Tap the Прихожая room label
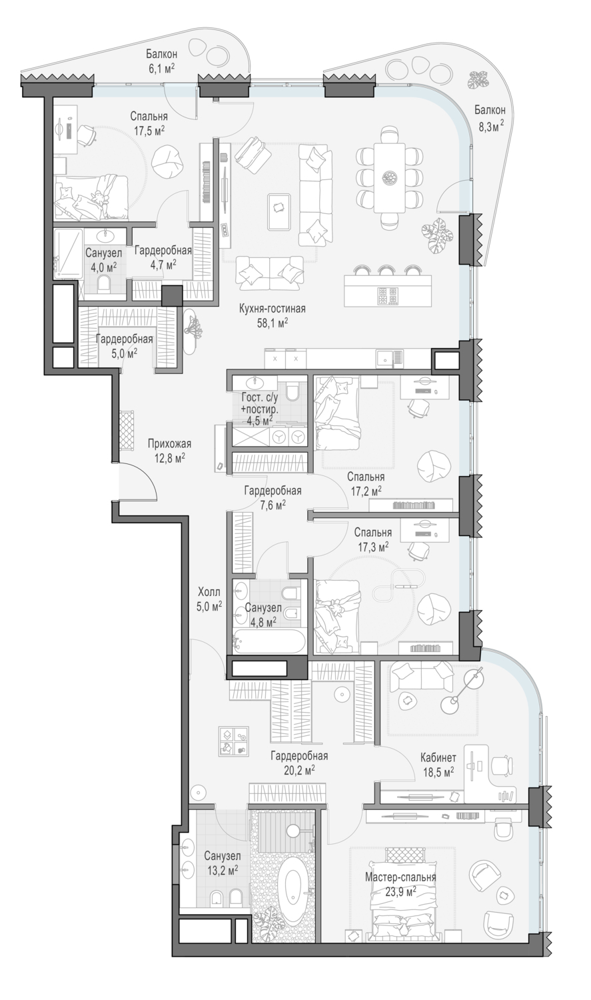click(169, 444)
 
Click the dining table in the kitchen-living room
click(389, 177)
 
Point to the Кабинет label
click(438, 757)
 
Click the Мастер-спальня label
click(400, 878)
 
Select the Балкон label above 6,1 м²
click(162, 54)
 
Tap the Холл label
click(209, 593)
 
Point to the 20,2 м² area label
click(299, 769)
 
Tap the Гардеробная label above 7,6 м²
click(273, 491)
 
